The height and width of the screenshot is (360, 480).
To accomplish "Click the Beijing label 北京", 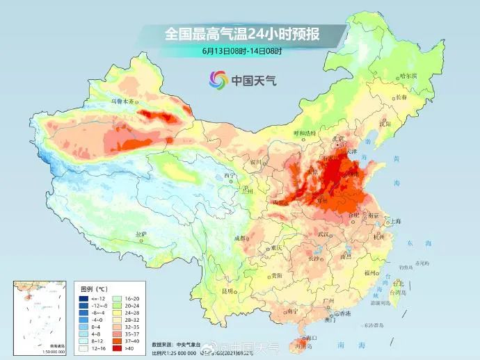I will coord(338,138).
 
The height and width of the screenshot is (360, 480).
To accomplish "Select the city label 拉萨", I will coord(141,234).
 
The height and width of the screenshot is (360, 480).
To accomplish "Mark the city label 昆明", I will coord(227,291).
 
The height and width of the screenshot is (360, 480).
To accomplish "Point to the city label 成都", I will coord(241,238).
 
